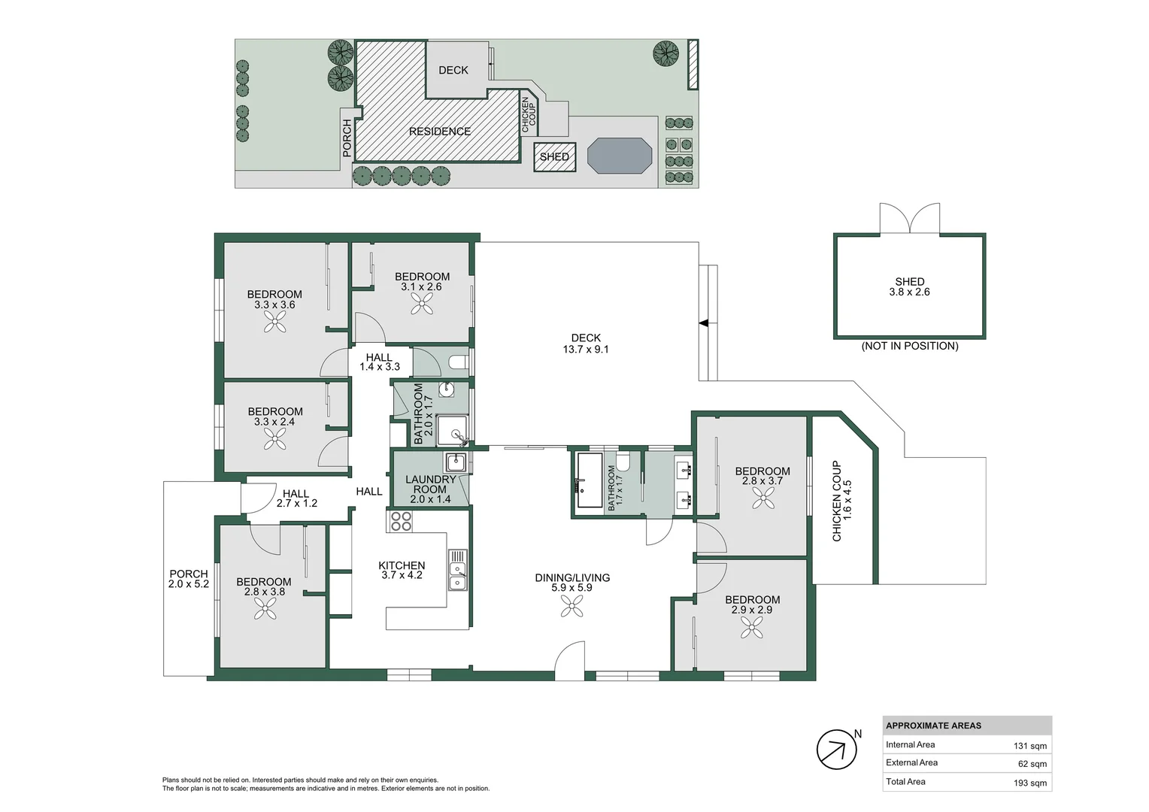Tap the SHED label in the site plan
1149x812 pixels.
(554, 157)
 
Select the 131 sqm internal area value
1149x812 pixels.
(1029, 746)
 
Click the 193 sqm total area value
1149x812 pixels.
(1029, 783)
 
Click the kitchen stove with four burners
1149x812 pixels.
(400, 521)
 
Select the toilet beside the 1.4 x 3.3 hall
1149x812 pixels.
(457, 363)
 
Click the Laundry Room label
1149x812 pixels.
(430, 484)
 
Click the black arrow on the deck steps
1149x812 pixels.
(704, 323)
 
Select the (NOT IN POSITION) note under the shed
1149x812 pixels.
(910, 346)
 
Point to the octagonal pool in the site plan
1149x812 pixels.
(620, 156)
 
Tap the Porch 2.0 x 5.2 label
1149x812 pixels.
(188, 578)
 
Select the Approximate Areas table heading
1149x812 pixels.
(933, 726)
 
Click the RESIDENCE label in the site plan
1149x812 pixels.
(440, 132)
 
